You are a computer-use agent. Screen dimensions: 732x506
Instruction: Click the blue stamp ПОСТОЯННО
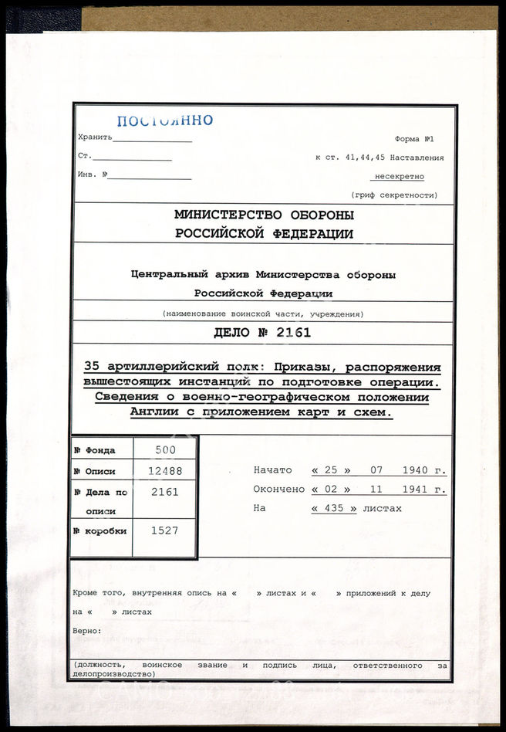(x=164, y=120)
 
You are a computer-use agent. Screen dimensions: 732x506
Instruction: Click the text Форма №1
(x=414, y=139)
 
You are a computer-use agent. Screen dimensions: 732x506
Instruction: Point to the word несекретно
(x=400, y=176)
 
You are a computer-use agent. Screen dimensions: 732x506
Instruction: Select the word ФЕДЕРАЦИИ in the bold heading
(x=311, y=234)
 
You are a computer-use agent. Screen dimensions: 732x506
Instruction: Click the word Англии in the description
(x=155, y=412)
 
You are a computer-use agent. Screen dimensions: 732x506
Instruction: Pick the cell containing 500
(x=165, y=449)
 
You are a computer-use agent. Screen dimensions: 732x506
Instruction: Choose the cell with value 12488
(x=165, y=470)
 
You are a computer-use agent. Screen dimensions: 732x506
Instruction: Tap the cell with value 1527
(x=165, y=531)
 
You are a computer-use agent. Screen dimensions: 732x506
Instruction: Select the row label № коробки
(x=100, y=531)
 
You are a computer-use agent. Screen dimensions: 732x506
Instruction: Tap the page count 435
(x=334, y=509)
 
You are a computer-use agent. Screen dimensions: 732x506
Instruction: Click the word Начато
(x=272, y=470)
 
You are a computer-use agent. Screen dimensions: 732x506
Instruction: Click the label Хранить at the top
(x=95, y=137)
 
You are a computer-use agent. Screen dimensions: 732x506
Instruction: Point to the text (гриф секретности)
(x=393, y=195)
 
